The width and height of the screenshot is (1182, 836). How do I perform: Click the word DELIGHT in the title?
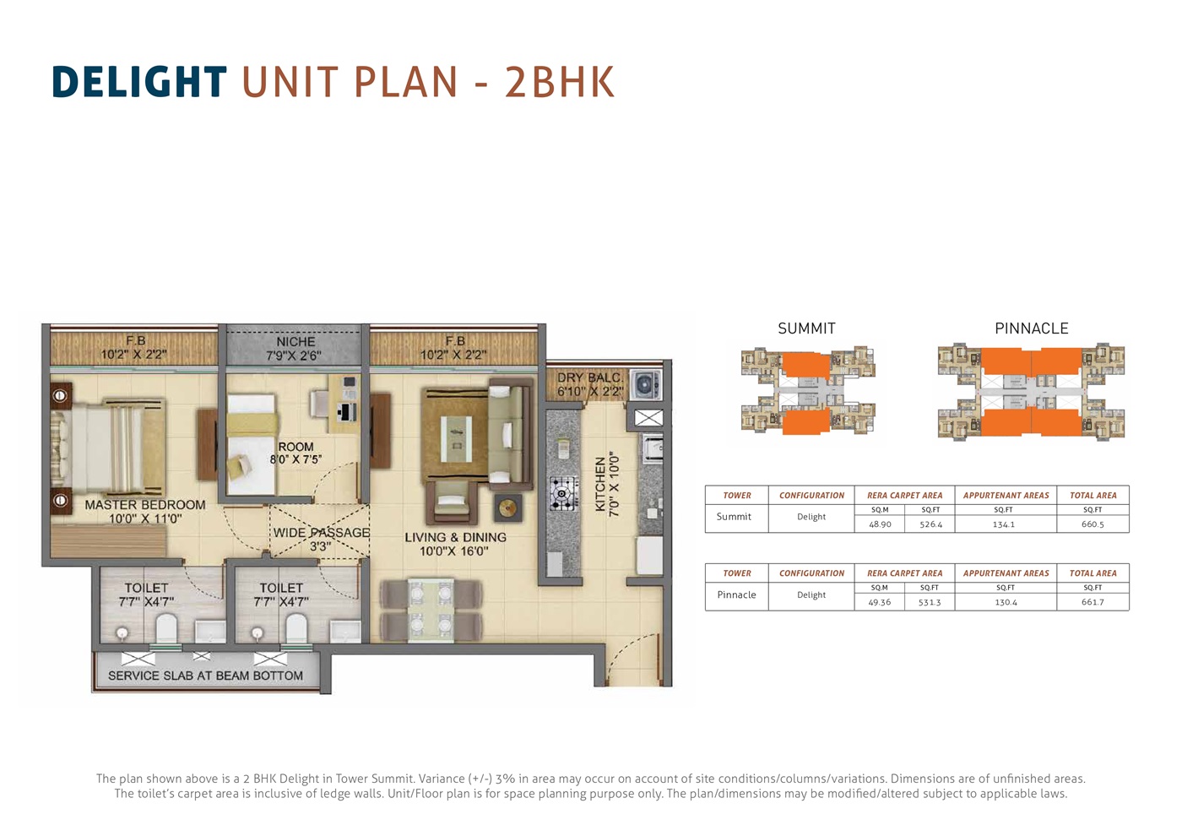pos(140,82)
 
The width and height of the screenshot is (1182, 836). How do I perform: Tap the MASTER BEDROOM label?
pos(145,505)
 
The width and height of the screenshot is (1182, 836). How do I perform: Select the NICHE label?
pos(295,341)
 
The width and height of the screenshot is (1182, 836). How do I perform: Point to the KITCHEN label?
pos(600,484)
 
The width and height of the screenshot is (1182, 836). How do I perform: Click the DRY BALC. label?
pos(590,378)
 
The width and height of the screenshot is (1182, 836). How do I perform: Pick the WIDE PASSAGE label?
pos(322,533)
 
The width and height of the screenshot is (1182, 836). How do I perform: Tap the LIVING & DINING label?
pos(455,537)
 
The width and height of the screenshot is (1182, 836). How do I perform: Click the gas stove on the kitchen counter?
pos(561,494)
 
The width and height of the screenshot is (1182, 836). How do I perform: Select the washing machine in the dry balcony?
pos(644,385)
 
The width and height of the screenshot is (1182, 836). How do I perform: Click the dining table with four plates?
pos(431,610)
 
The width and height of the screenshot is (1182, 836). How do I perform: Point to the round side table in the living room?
pos(508,508)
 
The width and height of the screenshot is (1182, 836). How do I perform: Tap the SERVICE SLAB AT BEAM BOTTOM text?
pos(206,676)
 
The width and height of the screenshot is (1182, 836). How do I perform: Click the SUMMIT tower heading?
pos(806,328)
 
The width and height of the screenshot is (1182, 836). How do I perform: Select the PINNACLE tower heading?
pos(1032,328)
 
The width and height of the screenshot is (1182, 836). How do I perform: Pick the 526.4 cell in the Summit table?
pos(930,524)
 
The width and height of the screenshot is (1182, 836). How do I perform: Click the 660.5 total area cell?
pos(1093,524)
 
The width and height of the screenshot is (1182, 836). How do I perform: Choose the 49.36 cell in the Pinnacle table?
pos(879,602)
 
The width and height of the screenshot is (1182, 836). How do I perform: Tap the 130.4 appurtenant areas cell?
pos(1006,602)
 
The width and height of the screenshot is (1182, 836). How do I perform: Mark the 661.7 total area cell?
pos(1093,602)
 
